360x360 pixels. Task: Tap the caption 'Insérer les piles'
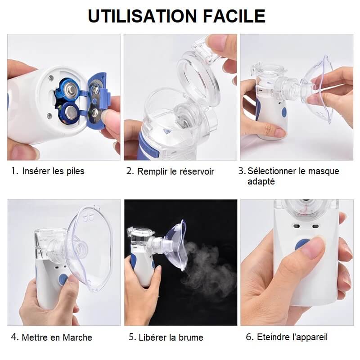click(53, 171)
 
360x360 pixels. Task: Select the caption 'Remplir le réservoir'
click(175, 171)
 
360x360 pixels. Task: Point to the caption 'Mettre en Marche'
click(57, 337)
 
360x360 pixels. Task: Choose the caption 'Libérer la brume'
click(171, 337)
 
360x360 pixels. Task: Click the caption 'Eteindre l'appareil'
click(292, 337)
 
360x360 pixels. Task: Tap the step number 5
click(132, 337)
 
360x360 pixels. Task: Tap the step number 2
click(130, 171)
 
